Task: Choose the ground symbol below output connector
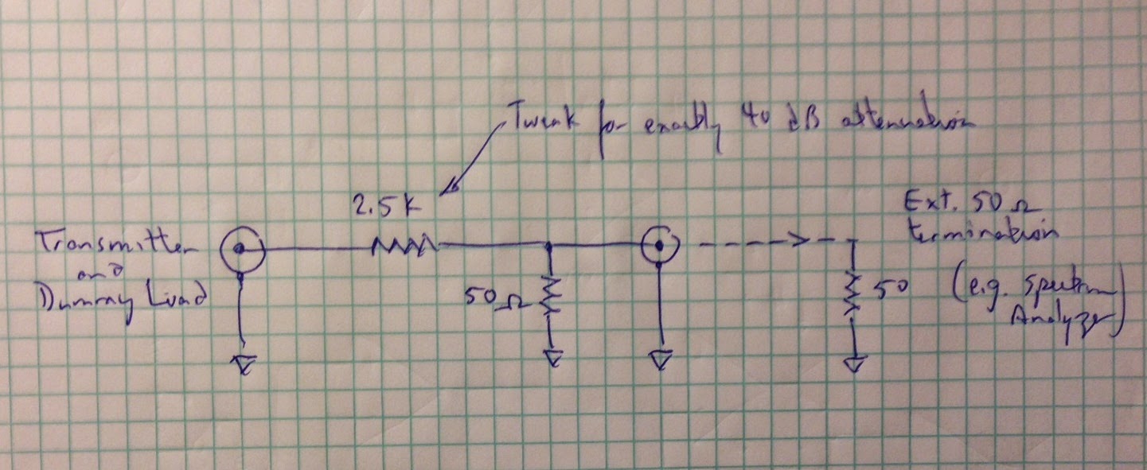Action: click(659, 362)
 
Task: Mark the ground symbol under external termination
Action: click(854, 365)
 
